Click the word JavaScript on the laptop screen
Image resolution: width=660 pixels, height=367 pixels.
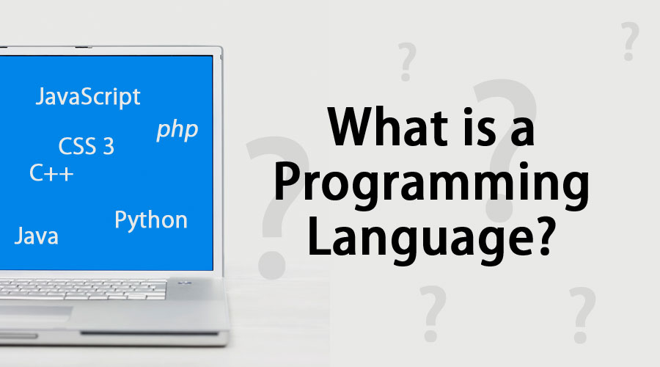(x=88, y=97)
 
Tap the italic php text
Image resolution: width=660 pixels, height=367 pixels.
(x=177, y=130)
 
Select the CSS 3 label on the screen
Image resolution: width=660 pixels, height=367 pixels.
(x=87, y=146)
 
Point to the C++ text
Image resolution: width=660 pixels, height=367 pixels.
(x=51, y=174)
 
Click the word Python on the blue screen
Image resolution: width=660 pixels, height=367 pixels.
(x=151, y=219)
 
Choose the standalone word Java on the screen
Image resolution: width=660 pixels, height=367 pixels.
(x=37, y=236)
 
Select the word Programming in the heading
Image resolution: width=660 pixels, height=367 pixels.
(x=430, y=187)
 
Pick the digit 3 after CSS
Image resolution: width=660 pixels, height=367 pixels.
(x=109, y=146)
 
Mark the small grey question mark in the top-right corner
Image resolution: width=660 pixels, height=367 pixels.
(x=629, y=41)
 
